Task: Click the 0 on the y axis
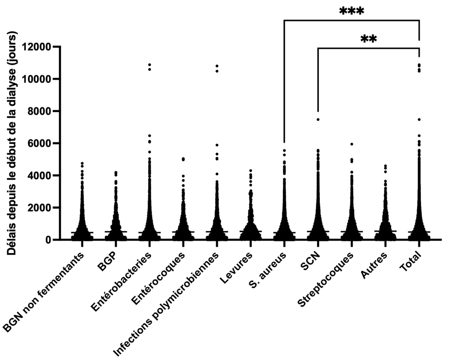click(47, 240)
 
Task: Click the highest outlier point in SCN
click(318, 119)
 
